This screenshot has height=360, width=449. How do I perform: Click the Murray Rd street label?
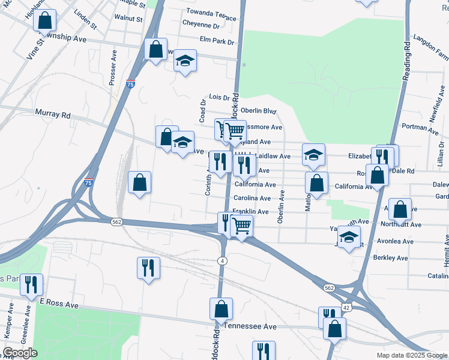[53, 114]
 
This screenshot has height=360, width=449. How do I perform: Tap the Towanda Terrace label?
[211, 11]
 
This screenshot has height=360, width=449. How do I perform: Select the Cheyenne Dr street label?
[201, 26]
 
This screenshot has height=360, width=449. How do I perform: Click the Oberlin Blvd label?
[258, 110]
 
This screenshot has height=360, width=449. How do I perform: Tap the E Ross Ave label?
[59, 305]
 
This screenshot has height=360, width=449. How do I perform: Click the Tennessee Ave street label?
[251, 326]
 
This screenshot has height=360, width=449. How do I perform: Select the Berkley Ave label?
[390, 258]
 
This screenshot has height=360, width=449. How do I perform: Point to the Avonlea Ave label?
[395, 241]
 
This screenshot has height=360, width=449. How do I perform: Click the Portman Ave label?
[421, 127]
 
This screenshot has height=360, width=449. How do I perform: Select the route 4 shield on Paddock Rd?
[222, 260]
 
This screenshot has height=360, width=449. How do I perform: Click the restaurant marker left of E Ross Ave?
[31, 284]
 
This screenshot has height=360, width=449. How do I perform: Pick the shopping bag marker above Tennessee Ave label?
[221, 309]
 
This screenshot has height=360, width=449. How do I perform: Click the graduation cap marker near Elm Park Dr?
[185, 61]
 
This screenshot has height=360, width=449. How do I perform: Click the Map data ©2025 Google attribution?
[411, 355]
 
